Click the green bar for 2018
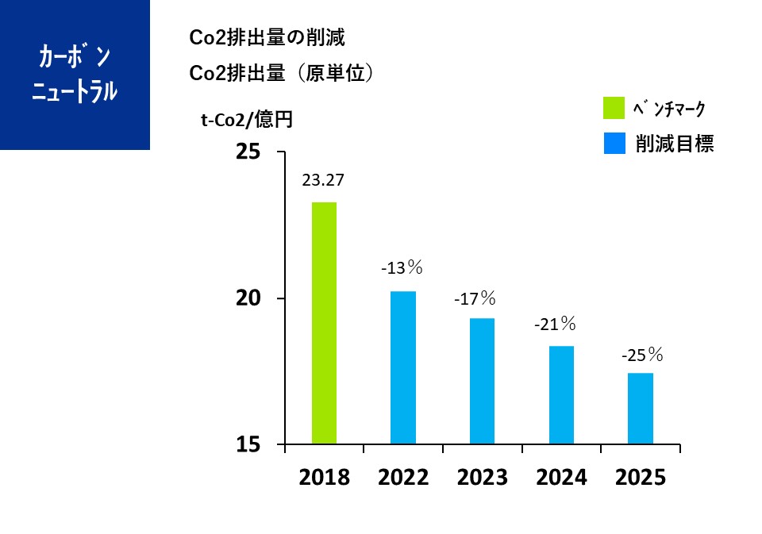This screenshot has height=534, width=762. pos(324,323)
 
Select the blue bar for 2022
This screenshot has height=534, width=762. pos(403,367)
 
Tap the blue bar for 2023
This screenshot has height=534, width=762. pos(482,381)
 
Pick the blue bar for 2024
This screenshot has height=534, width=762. pos(561,394)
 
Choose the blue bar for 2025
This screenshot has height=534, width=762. pos(641,408)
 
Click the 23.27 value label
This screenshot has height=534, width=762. pos(323,180)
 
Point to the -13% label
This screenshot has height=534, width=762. pos(402,268)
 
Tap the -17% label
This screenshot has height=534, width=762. pos(475,299)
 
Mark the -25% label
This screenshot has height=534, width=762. pos(641,354)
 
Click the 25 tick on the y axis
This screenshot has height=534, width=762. pos(248,151)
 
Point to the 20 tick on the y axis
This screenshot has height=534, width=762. pos(248,298)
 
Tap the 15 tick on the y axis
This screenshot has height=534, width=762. pos(248,445)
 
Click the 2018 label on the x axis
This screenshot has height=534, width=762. pos(325,478)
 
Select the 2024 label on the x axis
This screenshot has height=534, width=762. pos(561,478)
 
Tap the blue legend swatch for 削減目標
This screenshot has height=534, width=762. pos(615,143)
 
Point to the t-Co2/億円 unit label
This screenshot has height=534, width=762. pos(247,120)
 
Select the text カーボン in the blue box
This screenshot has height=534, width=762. pos(75,57)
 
